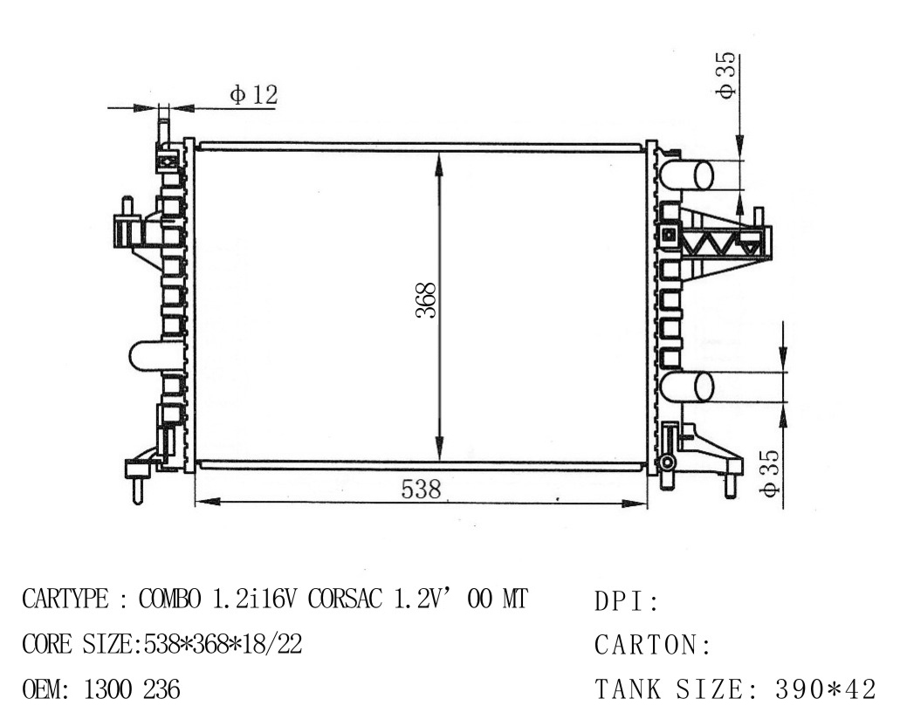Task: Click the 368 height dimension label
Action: (x=427, y=300)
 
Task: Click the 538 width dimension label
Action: (x=421, y=489)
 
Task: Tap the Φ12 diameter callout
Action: (x=254, y=95)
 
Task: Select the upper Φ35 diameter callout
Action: (x=726, y=76)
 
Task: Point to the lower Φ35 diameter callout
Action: (x=769, y=472)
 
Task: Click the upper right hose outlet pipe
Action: (x=686, y=175)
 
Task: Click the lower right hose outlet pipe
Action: (x=686, y=387)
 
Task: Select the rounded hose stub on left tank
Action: (x=147, y=356)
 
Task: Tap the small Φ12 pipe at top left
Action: (x=163, y=128)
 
